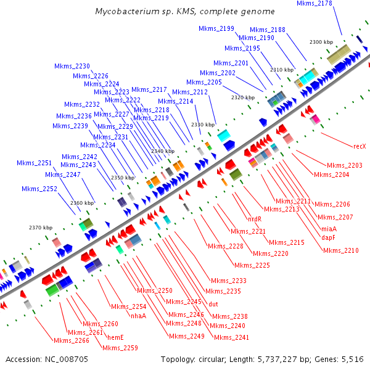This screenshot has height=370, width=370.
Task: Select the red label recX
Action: pyautogui.click(x=360, y=147)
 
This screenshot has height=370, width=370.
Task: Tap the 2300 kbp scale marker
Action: pyautogui.click(x=321, y=43)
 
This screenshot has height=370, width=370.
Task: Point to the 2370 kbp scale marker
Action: pyautogui.click(x=41, y=228)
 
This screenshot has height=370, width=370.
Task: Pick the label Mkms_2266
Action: pyautogui.click(x=72, y=340)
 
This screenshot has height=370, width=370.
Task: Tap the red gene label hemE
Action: pyautogui.click(x=116, y=337)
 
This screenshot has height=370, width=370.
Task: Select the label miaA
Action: pyautogui.click(x=329, y=228)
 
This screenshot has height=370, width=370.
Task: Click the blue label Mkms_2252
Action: pyautogui.click(x=39, y=189)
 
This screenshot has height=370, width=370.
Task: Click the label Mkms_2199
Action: pyautogui.click(x=216, y=28)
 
